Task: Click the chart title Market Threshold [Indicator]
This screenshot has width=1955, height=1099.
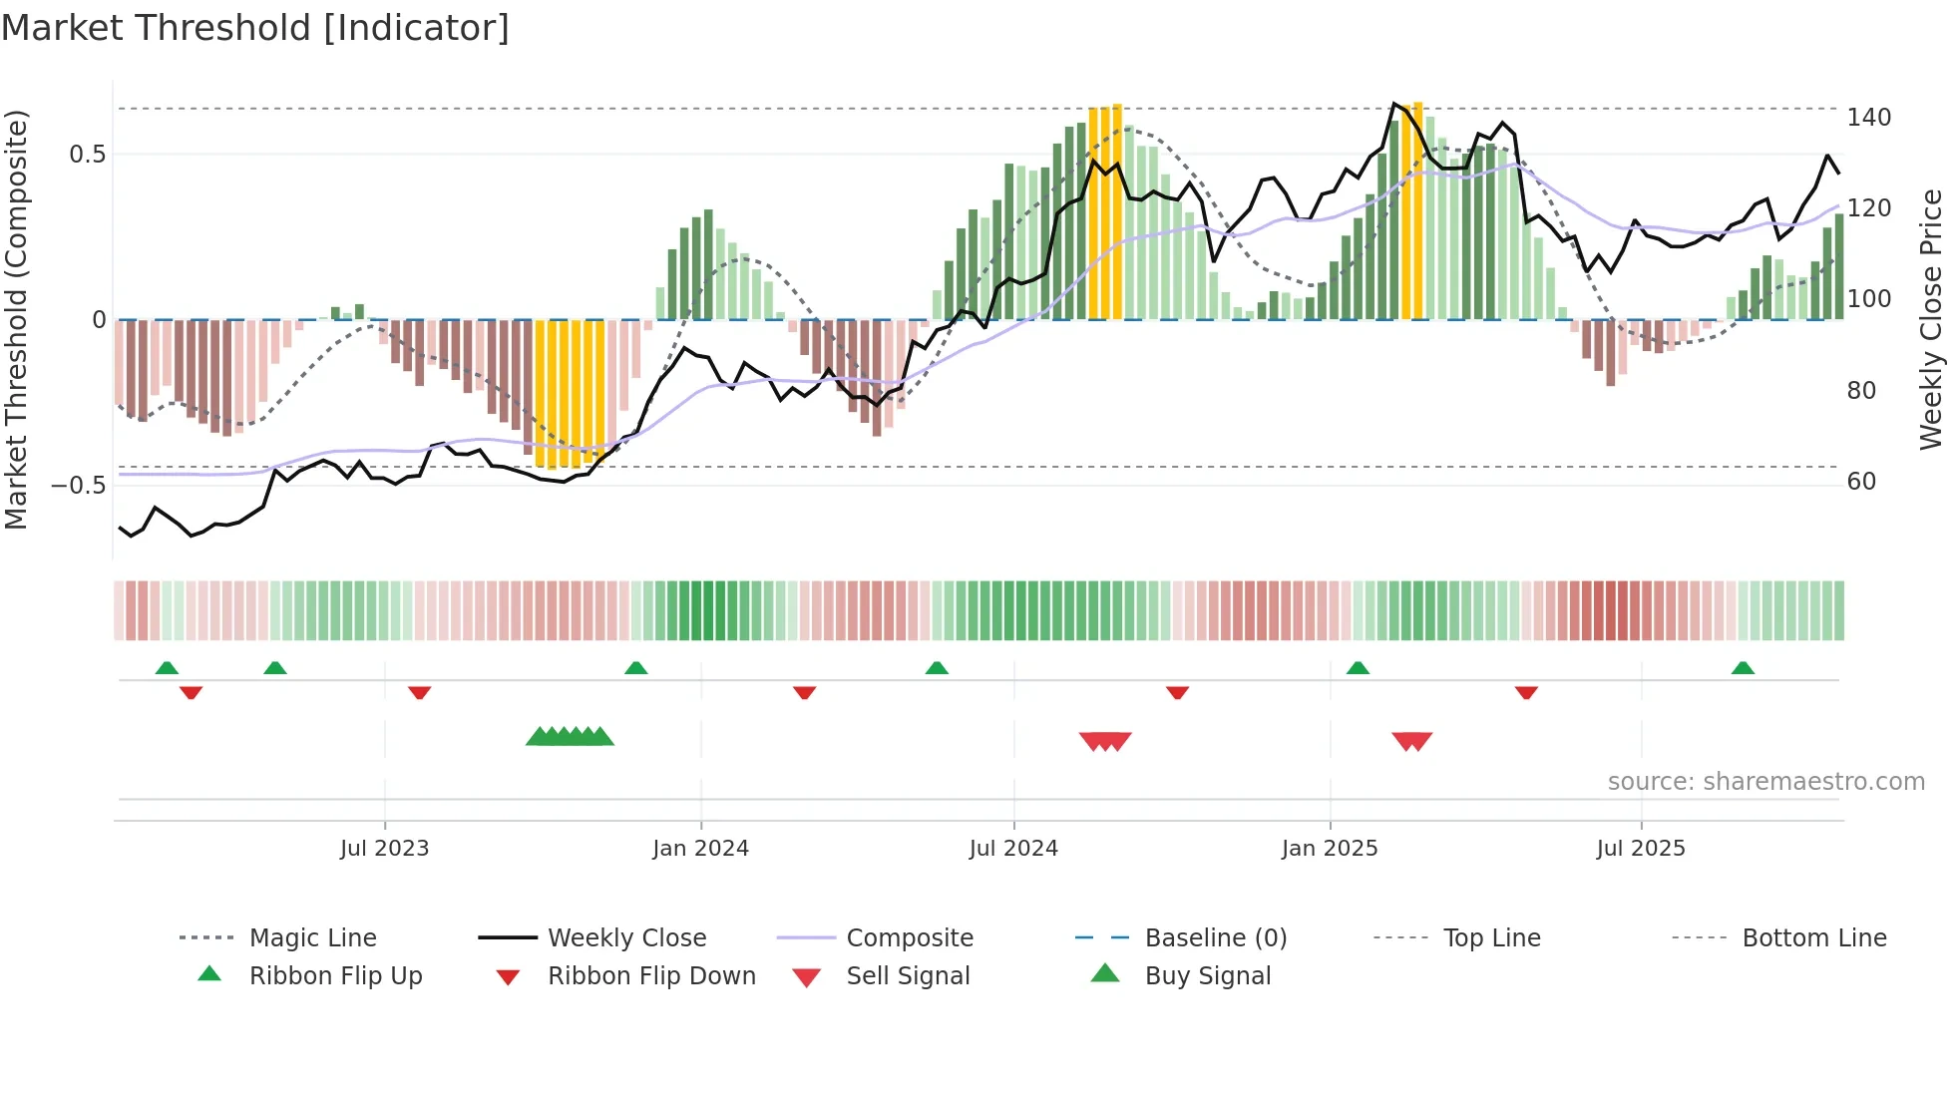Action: [255, 28]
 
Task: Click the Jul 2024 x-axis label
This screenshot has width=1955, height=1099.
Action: [1013, 849]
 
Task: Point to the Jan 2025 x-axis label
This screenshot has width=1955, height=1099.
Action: [1330, 849]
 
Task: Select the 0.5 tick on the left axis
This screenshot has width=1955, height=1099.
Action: [88, 155]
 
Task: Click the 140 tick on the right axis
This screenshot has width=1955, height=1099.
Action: [1868, 118]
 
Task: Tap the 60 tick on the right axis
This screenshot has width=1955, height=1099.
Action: [1861, 482]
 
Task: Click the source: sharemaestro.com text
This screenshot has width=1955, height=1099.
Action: [1765, 782]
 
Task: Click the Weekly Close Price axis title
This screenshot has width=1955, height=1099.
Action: [1932, 319]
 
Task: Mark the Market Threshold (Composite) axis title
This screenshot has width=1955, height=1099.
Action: [17, 319]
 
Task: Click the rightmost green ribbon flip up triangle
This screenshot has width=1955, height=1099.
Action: [1743, 668]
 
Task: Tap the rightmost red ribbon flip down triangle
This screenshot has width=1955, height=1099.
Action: [1526, 692]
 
